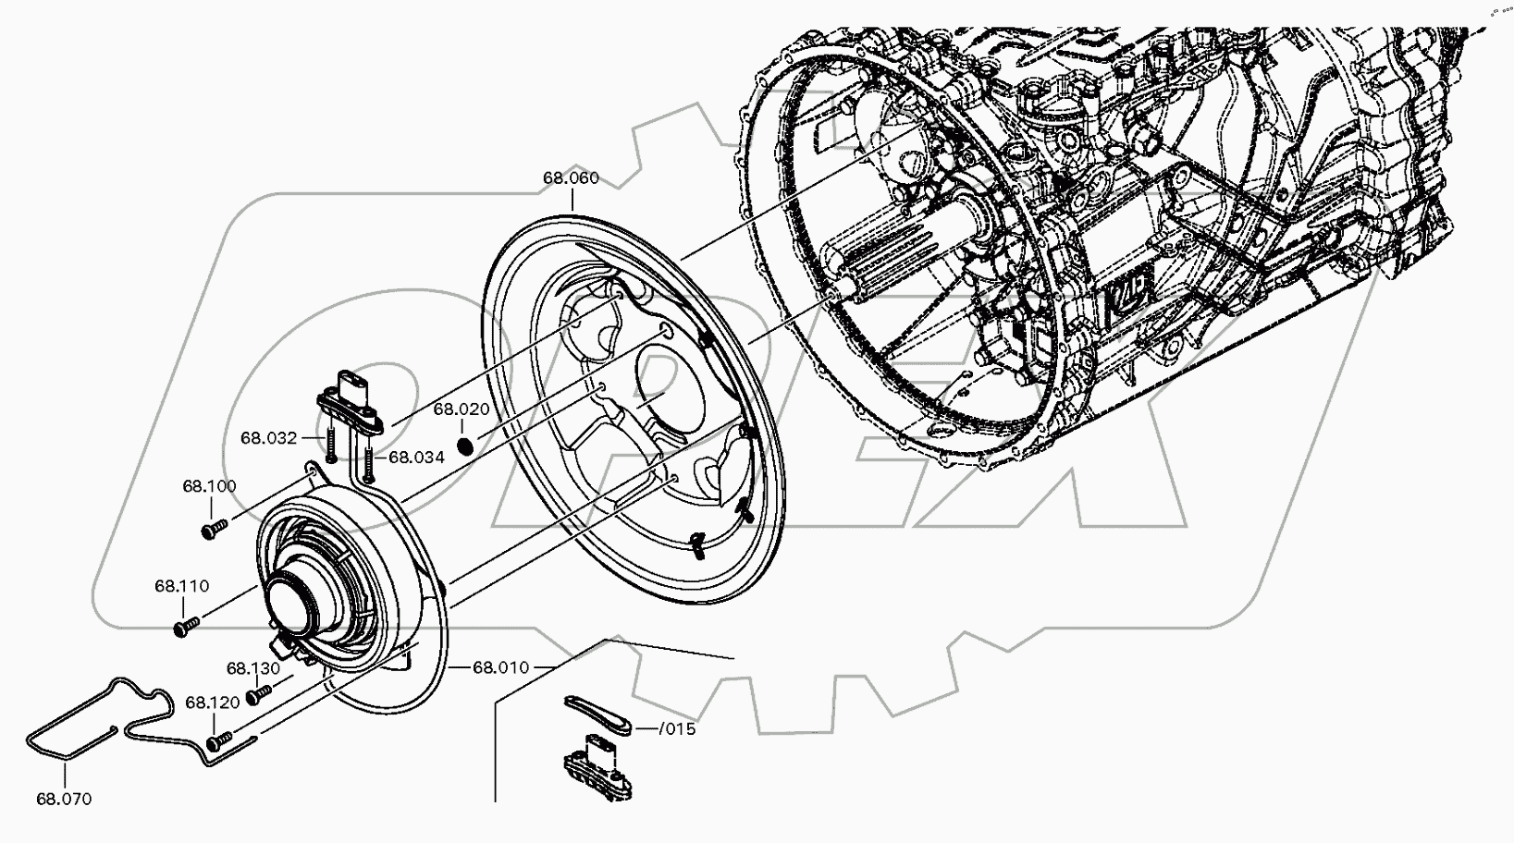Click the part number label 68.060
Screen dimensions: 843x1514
[571, 177]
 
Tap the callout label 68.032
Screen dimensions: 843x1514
[269, 438]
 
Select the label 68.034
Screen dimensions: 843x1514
[416, 457]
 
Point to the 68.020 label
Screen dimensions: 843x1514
[462, 409]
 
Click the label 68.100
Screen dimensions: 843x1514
[209, 486]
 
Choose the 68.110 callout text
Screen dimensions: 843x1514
[182, 586]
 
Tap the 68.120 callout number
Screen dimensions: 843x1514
[213, 702]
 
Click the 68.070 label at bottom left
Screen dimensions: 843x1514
[64, 800]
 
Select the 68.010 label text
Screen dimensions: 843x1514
[500, 667]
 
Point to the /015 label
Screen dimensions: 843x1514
[677, 729]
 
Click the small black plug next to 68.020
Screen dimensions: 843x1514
[467, 445]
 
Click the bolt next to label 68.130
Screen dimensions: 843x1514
[261, 691]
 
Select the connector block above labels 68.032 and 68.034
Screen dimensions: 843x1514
[351, 400]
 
